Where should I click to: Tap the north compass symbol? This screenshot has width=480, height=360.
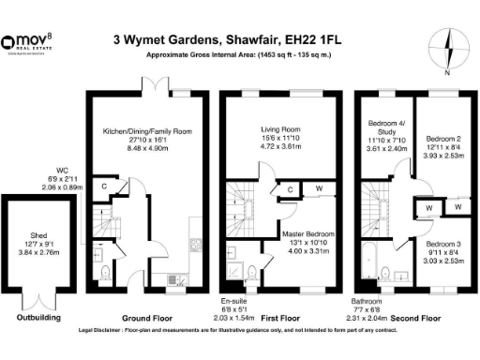[446, 47]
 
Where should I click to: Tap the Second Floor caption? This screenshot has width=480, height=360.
[417, 319]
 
